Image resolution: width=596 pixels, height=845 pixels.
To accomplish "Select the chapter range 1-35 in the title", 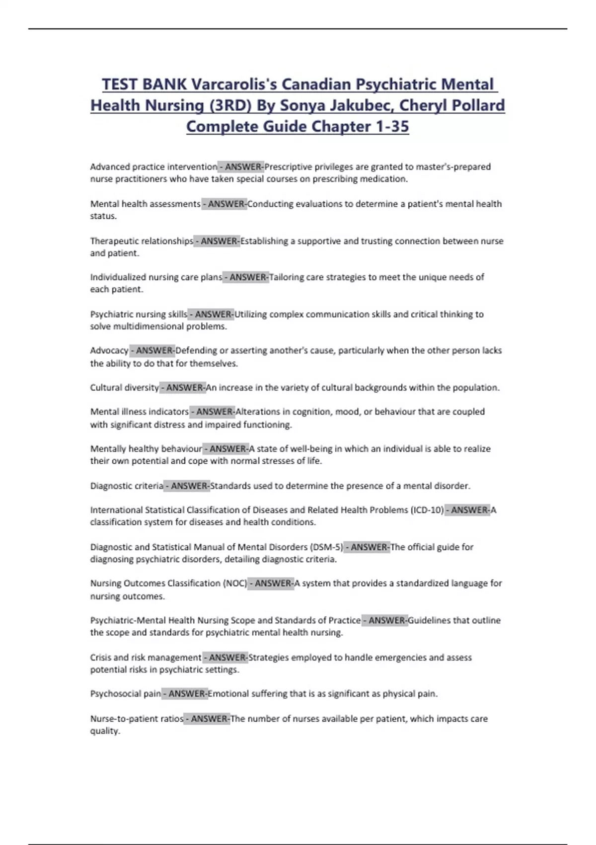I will coord(392,127).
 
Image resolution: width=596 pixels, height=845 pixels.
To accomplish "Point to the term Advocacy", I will coord(109,351).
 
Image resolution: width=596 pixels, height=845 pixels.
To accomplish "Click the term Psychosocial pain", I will coord(126,694).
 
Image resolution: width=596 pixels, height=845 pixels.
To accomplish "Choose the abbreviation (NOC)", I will coord(235,584).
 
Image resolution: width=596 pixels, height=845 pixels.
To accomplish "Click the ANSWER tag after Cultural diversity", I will coord(183,388).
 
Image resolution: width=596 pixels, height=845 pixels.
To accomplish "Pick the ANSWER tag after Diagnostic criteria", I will coord(188,486).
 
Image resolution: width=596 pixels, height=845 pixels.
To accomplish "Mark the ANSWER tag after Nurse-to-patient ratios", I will coord(208,719).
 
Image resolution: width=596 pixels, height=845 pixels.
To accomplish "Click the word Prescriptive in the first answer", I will coord(288,167).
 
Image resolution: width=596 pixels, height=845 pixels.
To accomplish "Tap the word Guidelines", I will coord(430,620).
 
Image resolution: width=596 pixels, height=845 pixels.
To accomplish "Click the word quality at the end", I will coord(105,731).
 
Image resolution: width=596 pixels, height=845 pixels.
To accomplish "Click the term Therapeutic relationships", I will coord(142,241).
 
